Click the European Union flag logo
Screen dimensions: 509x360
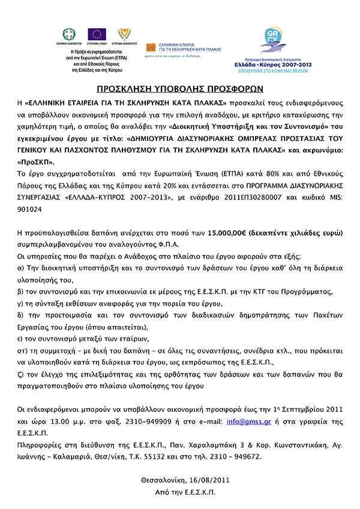pos(97,34)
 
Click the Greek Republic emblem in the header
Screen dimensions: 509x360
pos(70,34)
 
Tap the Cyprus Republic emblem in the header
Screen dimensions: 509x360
pos(122,34)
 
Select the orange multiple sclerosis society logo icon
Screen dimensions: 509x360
pos(150,46)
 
